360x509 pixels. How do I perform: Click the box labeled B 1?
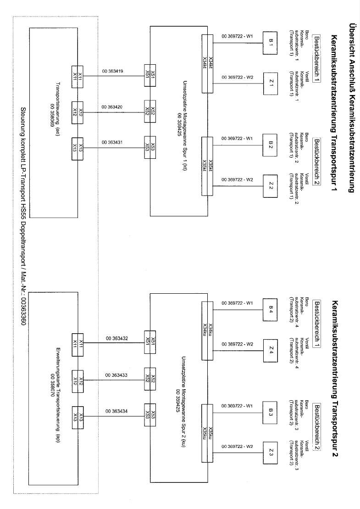tap(271, 43)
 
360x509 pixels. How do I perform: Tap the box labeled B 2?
tap(271, 145)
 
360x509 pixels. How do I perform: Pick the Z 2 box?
tap(271, 186)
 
